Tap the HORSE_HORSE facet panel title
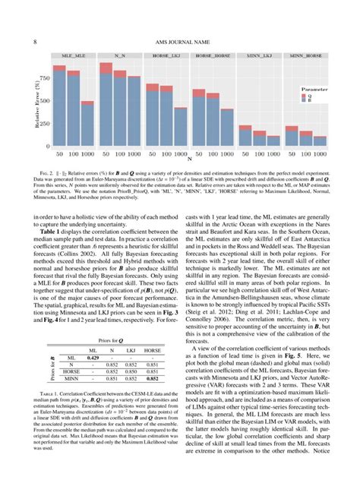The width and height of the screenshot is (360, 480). click(x=213, y=56)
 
